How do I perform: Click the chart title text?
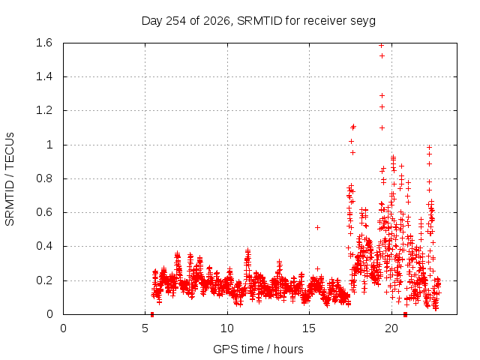258,21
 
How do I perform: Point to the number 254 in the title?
175,21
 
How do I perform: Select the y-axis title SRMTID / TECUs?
10,179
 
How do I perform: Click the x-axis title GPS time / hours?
258,349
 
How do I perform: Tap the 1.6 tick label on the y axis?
44,43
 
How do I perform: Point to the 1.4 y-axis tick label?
44,76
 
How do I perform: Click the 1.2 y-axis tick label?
44,110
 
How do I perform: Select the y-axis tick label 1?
49,145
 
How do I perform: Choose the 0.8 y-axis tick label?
44,178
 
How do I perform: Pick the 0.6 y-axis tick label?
44,212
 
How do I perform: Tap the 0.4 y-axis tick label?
44,246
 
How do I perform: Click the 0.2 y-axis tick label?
44,280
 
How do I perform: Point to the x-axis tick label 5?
145,328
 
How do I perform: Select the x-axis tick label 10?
227,328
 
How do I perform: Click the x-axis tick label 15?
309,328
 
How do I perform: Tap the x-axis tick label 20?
391,328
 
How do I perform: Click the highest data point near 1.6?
382,45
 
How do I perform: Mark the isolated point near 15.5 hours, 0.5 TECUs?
318,227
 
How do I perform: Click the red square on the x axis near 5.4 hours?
152,315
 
